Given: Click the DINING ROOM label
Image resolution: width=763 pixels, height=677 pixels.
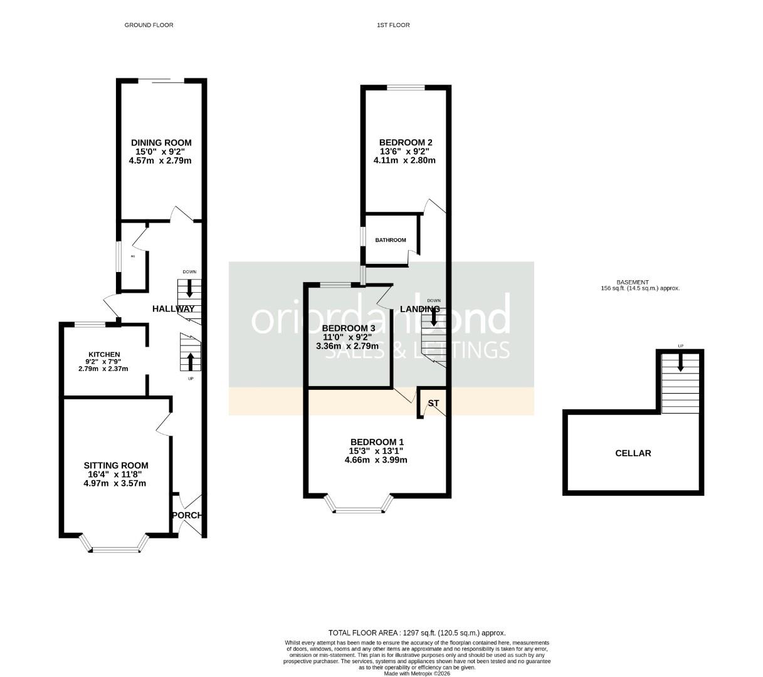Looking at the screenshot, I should click(x=160, y=143).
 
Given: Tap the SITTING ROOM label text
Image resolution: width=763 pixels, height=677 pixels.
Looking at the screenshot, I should click(x=116, y=465).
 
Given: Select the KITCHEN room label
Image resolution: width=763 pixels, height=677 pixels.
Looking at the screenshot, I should click(x=103, y=355).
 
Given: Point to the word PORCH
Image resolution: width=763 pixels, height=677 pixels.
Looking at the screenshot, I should click(x=187, y=515).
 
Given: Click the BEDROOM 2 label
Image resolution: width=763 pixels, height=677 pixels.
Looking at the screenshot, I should click(x=406, y=142).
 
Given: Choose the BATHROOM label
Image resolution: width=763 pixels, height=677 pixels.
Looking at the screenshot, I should click(x=391, y=240).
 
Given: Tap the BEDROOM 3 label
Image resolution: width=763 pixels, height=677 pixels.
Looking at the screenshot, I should click(x=348, y=328).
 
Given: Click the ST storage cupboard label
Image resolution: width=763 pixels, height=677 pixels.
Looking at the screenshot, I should click(x=433, y=403).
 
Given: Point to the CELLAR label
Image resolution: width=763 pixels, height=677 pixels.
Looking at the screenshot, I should click(x=633, y=453).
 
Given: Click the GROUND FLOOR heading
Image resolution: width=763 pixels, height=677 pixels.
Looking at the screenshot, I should click(x=149, y=25).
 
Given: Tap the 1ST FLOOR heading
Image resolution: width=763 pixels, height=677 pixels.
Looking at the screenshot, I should click(x=393, y=25).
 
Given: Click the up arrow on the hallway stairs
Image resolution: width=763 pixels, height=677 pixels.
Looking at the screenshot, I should click(x=189, y=361).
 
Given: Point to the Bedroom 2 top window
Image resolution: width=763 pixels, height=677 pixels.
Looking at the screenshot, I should click(x=405, y=88).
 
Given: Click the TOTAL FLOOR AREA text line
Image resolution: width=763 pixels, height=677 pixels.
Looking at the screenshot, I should click(x=417, y=633).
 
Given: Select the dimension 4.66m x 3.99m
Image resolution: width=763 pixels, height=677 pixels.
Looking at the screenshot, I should click(x=376, y=460).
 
